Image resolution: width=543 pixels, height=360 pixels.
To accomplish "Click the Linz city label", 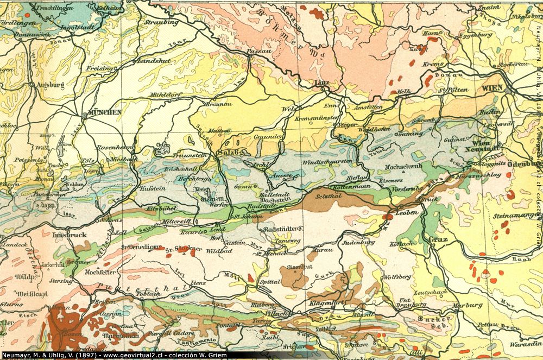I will point(323,83).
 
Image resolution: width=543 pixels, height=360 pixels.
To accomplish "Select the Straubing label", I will point(162,22).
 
